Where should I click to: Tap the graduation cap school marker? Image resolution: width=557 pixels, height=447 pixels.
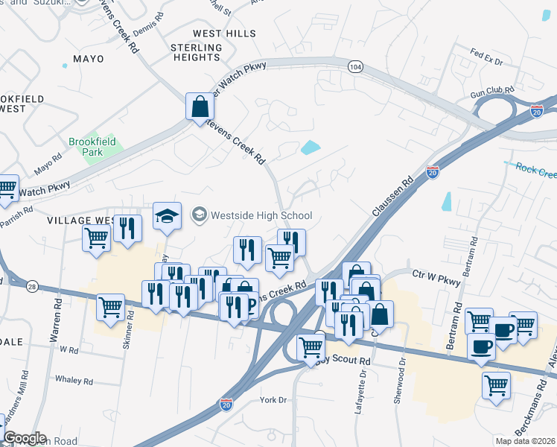[168, 216]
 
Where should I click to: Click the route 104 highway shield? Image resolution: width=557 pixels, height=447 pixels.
[355, 67]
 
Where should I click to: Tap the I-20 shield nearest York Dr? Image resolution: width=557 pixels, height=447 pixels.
[226, 405]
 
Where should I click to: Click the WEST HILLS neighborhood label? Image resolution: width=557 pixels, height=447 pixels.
[224, 34]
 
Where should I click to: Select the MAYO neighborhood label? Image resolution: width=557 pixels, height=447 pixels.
[89, 58]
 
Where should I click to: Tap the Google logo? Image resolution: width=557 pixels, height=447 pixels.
[25, 438]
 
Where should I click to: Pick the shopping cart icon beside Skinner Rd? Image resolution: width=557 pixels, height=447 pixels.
[111, 307]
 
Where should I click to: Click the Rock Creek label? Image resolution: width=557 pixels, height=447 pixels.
[535, 171]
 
